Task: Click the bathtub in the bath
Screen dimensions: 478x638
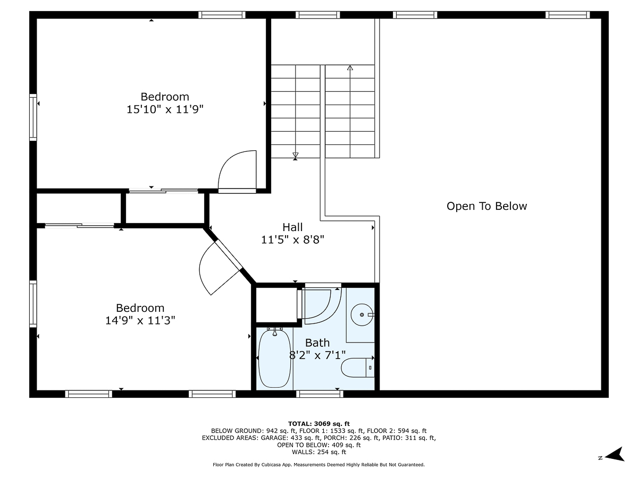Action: click(x=274, y=359)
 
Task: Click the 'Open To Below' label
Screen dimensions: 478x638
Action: click(x=486, y=206)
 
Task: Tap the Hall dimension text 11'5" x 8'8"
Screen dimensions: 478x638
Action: click(x=292, y=240)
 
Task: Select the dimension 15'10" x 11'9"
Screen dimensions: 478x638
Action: click(x=165, y=109)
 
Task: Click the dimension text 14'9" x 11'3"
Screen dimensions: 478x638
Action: click(x=140, y=320)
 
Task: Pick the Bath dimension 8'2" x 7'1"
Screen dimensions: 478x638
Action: click(x=317, y=355)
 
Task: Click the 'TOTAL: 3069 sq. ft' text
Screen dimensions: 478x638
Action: click(x=319, y=423)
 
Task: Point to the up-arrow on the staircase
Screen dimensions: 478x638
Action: click(x=350, y=69)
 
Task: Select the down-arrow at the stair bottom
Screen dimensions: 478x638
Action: click(x=296, y=155)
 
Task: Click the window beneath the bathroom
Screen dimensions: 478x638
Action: click(x=320, y=394)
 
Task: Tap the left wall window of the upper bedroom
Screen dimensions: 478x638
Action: click(x=33, y=117)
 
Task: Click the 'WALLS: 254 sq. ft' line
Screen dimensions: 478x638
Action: click(x=319, y=452)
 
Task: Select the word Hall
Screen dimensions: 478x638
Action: click(x=292, y=227)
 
